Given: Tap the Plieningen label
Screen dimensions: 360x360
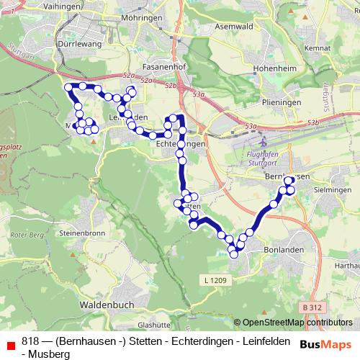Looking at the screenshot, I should (x=282, y=103).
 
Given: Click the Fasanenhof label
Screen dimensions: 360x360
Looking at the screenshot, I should (x=166, y=66).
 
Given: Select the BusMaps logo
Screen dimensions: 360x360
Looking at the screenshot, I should (x=326, y=343).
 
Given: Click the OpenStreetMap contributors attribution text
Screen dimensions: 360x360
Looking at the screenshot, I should (x=297, y=323).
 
